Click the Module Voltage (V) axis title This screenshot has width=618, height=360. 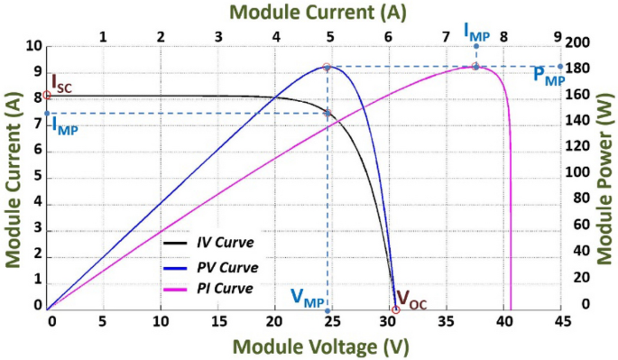coord(307,346)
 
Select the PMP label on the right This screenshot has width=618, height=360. coord(549,75)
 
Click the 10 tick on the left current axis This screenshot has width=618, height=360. coord(34,44)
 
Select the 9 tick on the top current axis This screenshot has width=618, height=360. coord(558,36)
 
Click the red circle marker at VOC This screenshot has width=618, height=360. coord(395,310)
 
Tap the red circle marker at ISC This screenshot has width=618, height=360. coord(47,96)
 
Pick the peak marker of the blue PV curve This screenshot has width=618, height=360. coord(327,67)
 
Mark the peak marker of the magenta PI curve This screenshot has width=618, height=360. coord(475,66)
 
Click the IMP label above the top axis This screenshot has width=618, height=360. coord(476,31)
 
